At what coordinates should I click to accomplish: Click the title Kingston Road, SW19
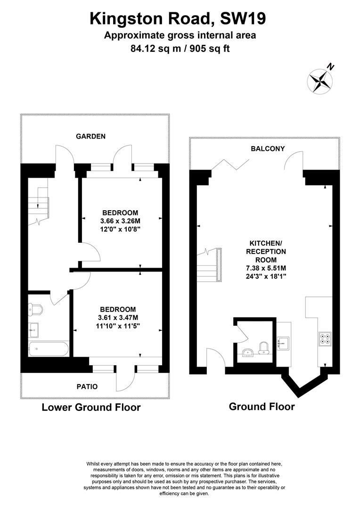coord(178,19)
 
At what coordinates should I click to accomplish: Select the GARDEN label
coord(91,136)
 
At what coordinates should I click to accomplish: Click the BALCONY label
coord(268,148)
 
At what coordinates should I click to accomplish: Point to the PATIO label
coord(87,386)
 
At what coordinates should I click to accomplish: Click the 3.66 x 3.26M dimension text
coord(121,221)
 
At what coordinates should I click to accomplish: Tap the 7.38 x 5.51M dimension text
coord(265,268)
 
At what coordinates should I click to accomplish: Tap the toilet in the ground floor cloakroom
coord(265,348)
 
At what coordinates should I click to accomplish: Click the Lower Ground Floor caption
coord(91,407)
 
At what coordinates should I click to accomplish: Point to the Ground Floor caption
coord(262,406)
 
